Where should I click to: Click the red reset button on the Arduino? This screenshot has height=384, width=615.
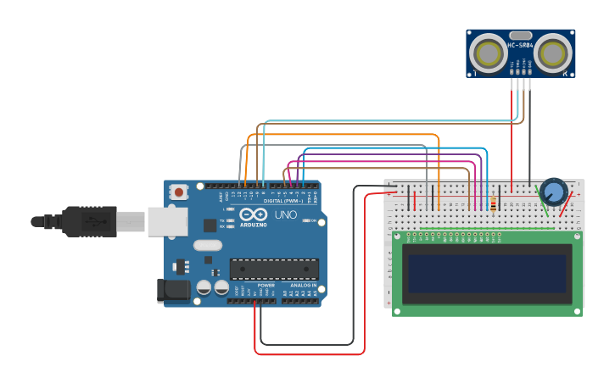[x=178, y=192]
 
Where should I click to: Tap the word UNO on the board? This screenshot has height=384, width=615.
[x=282, y=215]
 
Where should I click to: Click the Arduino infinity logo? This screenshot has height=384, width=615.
[x=252, y=214]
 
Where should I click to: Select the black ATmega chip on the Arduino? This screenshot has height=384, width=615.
[x=274, y=270]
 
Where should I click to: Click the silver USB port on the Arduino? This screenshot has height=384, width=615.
[x=167, y=221]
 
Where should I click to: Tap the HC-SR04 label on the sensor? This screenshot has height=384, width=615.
[x=520, y=45]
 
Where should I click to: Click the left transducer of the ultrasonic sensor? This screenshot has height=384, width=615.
[x=489, y=53]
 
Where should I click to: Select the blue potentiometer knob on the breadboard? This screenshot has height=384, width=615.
[x=554, y=192]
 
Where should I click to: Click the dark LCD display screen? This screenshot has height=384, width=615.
[x=487, y=273]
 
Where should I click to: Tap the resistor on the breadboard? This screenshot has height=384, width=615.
[x=494, y=203]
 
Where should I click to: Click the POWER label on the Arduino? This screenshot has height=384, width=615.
[x=266, y=285]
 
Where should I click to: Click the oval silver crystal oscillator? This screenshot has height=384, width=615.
[x=207, y=246]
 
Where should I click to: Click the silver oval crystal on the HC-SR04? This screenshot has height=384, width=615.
[x=520, y=36]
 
